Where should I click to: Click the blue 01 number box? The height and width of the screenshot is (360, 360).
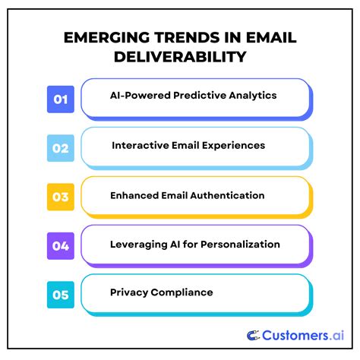coord(60,99)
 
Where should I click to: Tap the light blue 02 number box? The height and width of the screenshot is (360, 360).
coord(60,147)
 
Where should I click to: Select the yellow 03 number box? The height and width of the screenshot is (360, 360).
coord(60,196)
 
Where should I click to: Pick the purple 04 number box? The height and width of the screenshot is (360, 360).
coord(60,245)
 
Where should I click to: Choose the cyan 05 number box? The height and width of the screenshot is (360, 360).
coord(60,292)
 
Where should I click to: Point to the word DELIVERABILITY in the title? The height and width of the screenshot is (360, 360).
coord(180,57)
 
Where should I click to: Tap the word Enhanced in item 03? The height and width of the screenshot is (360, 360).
coord(134,195)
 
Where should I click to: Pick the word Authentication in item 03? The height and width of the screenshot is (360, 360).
coord(225,195)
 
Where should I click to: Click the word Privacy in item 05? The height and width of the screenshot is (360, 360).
coord(128,292)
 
